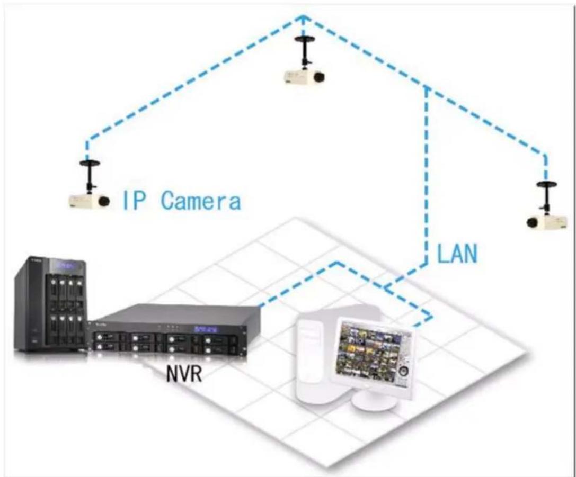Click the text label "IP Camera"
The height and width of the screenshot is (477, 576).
coord(182,201)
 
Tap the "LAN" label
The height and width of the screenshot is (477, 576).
coord(457,254)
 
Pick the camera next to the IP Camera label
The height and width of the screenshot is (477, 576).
coord(88,200)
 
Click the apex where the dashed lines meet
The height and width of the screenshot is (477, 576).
coord(303,16)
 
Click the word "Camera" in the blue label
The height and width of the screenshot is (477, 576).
coord(200,201)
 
